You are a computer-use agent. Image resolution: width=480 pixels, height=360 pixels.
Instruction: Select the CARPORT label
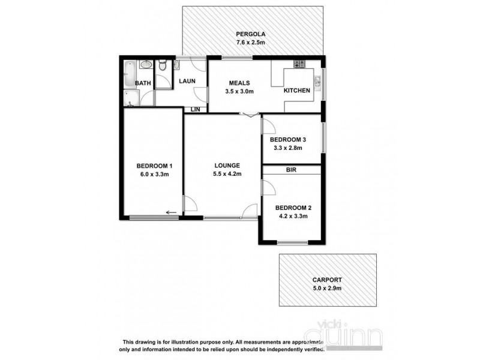click(327, 280)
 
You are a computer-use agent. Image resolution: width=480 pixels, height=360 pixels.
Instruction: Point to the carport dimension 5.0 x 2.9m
click(327, 289)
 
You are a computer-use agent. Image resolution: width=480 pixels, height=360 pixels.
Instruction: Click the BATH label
click(143, 83)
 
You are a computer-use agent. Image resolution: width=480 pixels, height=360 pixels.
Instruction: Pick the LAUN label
click(184, 80)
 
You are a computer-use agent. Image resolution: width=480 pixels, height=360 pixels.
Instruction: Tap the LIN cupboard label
click(195, 109)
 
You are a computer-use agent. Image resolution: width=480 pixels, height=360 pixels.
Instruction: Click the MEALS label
click(239, 83)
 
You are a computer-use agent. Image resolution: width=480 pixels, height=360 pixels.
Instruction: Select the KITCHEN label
click(297, 91)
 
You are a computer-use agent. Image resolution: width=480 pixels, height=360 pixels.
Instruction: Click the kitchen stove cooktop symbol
click(299, 64)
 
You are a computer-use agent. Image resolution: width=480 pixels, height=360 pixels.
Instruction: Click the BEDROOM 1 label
click(155, 166)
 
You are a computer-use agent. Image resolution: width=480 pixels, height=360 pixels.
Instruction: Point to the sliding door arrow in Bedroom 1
click(172, 212)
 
